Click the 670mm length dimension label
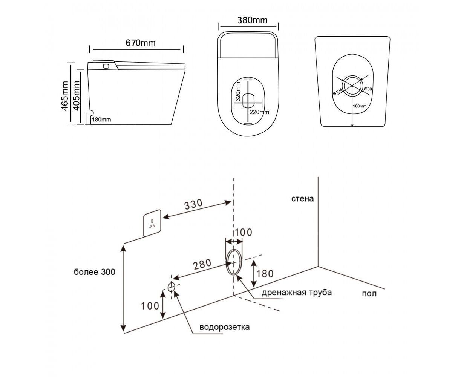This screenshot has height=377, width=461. click(x=140, y=43)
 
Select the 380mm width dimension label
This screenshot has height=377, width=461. click(x=252, y=20)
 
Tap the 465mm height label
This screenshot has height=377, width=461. click(x=65, y=96)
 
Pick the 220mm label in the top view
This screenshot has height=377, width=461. click(x=259, y=112)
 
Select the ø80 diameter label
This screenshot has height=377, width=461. click(x=368, y=89)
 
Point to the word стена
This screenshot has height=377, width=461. click(x=302, y=198)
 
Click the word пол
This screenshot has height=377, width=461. click(x=369, y=294)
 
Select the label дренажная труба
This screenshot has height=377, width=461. click(x=297, y=292)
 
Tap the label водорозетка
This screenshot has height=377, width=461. click(x=224, y=327)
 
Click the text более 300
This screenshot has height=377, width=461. click(x=94, y=272)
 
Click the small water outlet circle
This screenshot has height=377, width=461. click(x=172, y=287)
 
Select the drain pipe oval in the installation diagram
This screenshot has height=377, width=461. click(x=234, y=261)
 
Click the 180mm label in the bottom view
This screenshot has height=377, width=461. click(x=360, y=106)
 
